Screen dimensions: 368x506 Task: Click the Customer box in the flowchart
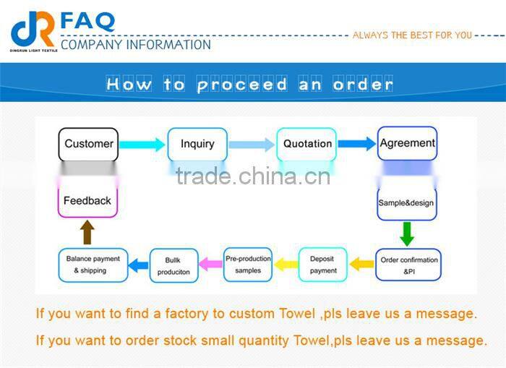click(x=88, y=144)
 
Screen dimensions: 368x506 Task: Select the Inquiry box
click(x=197, y=144)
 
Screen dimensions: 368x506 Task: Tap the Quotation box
click(x=307, y=144)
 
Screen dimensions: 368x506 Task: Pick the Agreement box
click(x=407, y=143)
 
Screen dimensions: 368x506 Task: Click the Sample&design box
click(x=406, y=203)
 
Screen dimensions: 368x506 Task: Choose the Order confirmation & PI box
click(x=408, y=265)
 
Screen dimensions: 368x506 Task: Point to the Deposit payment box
click(x=322, y=265)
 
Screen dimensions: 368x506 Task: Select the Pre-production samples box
click(x=248, y=265)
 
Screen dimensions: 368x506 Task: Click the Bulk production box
click(x=173, y=265)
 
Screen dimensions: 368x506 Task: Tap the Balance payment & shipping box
click(x=93, y=265)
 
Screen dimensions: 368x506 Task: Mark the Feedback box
click(x=87, y=201)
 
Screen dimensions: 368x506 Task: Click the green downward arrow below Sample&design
click(x=407, y=234)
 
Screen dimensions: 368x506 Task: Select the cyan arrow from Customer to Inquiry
click(x=142, y=145)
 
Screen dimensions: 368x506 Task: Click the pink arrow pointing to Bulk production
click(x=210, y=265)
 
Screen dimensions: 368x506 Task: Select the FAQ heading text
click(x=87, y=21)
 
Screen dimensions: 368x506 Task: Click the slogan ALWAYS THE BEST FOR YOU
click(x=412, y=35)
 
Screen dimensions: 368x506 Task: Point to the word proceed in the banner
click(x=242, y=85)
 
